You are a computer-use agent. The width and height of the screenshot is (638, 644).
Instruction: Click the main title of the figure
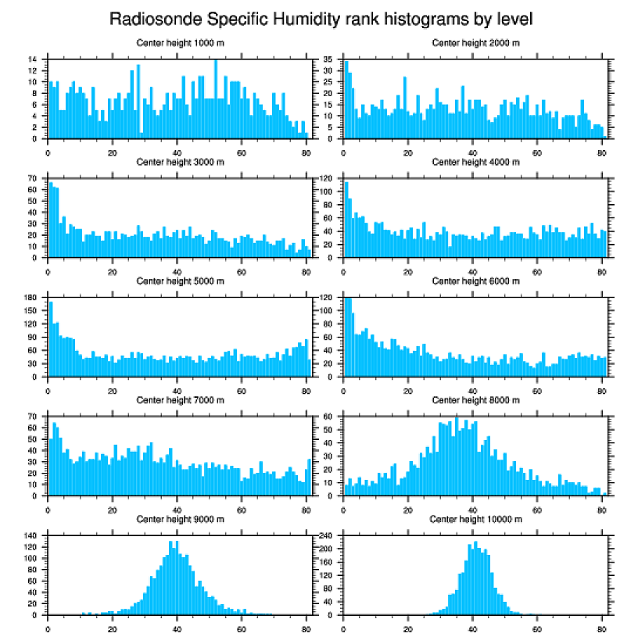click(321, 18)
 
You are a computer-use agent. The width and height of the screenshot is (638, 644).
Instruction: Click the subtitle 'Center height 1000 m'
click(180, 43)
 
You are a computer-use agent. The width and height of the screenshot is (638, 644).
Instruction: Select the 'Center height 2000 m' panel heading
click(475, 43)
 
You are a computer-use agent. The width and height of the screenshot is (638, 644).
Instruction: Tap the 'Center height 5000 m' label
click(180, 281)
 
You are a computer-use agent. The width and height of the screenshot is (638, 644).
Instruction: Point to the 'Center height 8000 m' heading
click(475, 400)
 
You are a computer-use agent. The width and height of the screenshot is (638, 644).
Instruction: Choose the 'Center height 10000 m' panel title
click(475, 519)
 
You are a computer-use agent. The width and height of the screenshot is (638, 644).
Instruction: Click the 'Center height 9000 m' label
click(180, 519)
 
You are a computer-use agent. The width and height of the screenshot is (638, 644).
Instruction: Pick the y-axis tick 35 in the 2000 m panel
click(330, 59)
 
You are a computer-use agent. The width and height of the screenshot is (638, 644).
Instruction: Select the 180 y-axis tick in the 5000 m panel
click(32, 298)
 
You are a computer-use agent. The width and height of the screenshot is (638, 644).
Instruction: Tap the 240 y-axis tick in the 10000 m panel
click(328, 536)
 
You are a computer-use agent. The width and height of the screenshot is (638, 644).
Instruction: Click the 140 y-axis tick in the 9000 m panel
click(32, 536)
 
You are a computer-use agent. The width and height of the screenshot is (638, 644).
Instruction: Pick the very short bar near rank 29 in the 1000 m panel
click(142, 136)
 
